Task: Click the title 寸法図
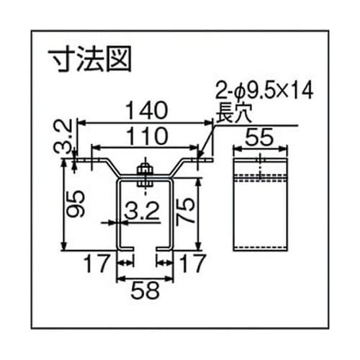click(x=89, y=59)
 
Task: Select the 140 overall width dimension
click(x=147, y=109)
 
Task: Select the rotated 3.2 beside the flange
click(x=63, y=137)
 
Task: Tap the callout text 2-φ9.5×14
click(x=255, y=90)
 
